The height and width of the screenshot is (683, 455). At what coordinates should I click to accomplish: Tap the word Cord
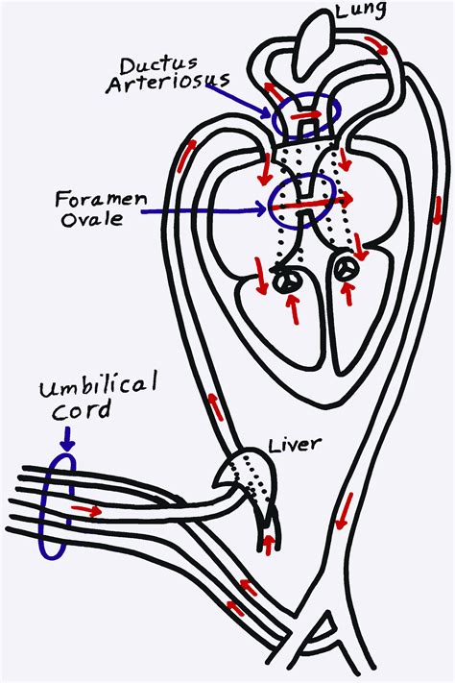[x=70, y=411]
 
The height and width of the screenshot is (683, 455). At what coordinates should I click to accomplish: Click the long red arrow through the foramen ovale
[x=321, y=199]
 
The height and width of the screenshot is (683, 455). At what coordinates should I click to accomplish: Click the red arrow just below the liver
[x=268, y=544]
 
